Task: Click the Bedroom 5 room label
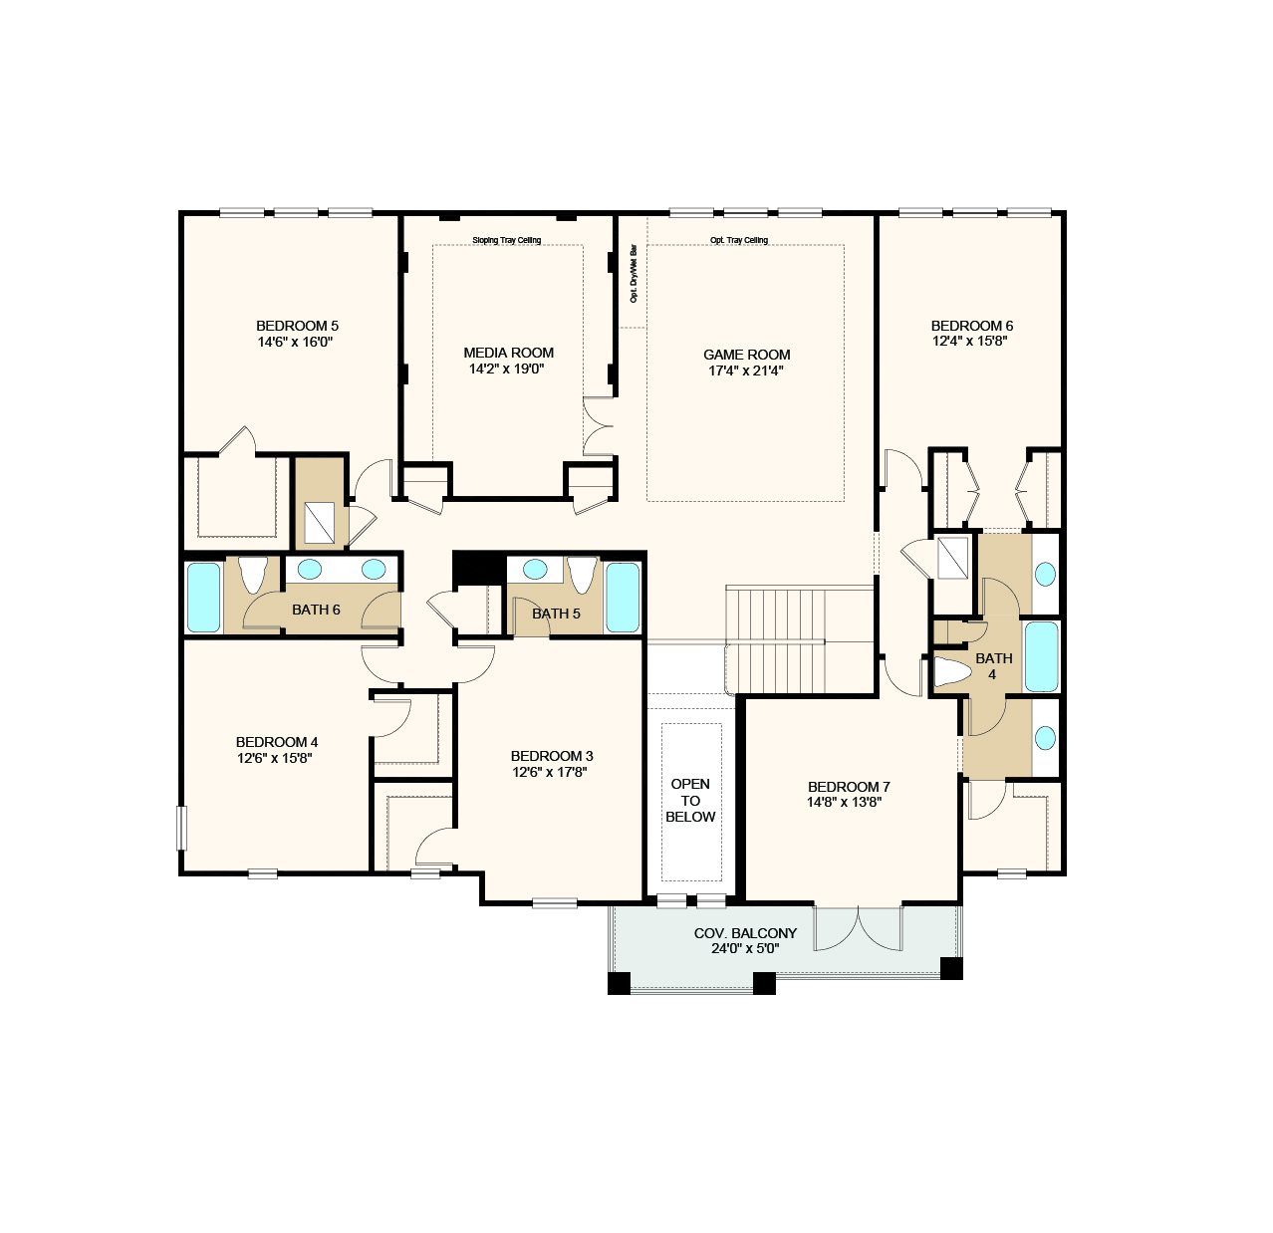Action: [x=297, y=326]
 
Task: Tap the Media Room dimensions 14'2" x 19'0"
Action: [x=508, y=369]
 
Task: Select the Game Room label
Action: [x=746, y=355]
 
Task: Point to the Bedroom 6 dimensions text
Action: [x=971, y=341]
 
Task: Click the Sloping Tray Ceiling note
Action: [x=506, y=240]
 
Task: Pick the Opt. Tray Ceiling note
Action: [x=739, y=240]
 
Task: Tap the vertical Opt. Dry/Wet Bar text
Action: [x=634, y=274]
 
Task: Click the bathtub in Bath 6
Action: [x=203, y=597]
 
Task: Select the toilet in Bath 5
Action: [x=581, y=575]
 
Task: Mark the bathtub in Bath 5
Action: [x=623, y=597]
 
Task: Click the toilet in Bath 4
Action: [x=951, y=672]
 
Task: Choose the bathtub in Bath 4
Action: [x=1042, y=656]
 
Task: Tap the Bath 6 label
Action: [x=316, y=610]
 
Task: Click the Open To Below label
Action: [x=690, y=801]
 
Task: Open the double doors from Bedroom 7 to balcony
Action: [x=858, y=928]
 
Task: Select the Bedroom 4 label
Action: [x=277, y=742]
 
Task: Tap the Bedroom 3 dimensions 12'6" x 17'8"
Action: [x=550, y=772]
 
